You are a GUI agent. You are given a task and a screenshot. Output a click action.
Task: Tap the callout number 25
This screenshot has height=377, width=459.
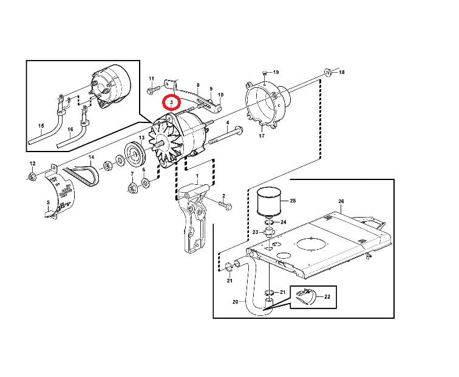293,201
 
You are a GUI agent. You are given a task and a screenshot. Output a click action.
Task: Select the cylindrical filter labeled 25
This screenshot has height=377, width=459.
269,202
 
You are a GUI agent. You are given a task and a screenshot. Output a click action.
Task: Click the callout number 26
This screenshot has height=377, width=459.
341,201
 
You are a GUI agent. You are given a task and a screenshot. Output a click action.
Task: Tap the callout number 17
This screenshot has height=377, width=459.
262,136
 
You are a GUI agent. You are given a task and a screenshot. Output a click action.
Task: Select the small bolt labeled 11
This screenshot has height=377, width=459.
154,89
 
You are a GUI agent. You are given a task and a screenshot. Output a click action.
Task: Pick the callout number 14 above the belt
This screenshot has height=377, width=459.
91,157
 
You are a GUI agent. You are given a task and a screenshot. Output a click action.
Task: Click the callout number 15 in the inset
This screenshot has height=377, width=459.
41,125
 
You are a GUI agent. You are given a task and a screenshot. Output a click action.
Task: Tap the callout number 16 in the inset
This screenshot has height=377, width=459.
70,130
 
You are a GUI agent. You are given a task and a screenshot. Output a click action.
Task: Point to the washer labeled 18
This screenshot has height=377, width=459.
328,72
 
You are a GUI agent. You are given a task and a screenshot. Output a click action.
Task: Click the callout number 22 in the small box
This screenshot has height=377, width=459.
327,296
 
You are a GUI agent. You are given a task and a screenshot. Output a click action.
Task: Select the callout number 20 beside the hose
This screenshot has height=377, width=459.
236,302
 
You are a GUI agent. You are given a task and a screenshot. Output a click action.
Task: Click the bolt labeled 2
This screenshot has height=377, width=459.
226,205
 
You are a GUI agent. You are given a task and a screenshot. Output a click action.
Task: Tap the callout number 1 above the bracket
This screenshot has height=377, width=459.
197,176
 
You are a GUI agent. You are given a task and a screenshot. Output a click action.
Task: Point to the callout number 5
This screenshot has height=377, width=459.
49,202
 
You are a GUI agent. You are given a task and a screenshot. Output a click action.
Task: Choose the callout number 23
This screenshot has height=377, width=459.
255,232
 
